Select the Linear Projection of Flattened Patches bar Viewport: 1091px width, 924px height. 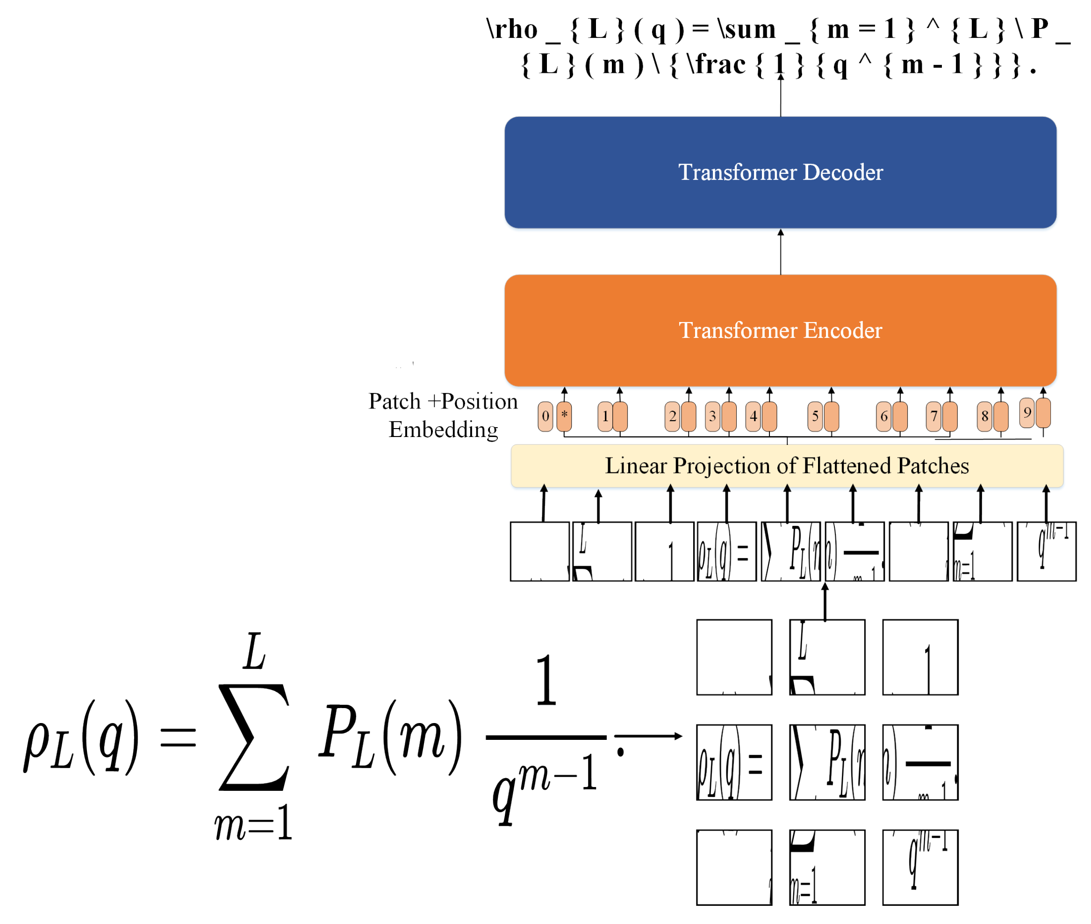[787, 466]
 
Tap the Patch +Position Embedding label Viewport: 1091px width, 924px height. [443, 415]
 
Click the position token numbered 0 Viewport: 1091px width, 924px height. [545, 416]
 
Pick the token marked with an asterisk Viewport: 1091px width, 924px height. [564, 415]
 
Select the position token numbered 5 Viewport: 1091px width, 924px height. [815, 416]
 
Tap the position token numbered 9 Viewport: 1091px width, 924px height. [1026, 413]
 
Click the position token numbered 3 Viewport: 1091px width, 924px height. [712, 416]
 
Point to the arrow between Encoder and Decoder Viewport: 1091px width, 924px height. [781, 252]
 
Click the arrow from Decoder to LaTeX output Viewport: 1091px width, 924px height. [781, 97]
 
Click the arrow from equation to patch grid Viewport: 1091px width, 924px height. [649, 736]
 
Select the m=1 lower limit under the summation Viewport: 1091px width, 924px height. [253, 824]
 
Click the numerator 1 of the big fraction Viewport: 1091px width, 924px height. [546, 680]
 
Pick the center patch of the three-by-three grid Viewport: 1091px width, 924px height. [827, 762]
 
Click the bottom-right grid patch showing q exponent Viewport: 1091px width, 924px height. [920, 867]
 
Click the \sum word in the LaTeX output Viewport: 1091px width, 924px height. [747, 29]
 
